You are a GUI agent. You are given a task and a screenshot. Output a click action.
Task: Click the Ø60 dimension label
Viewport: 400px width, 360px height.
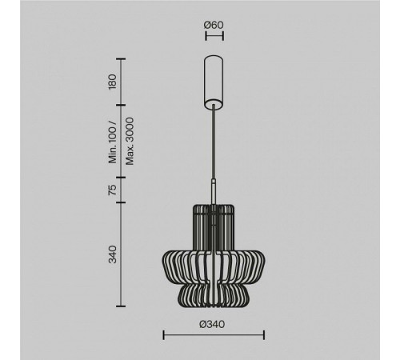[x=214, y=25]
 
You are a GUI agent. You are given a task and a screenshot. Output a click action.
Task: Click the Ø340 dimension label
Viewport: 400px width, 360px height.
[x=212, y=324]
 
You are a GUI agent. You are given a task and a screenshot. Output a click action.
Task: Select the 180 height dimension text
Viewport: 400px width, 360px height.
[x=113, y=82]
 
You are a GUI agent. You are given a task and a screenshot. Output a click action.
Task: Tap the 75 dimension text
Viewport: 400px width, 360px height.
[x=113, y=190]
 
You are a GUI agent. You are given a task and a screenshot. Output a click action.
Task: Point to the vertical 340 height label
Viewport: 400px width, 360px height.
[x=113, y=254]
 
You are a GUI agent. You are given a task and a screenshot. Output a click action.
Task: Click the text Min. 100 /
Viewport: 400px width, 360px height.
[x=113, y=143]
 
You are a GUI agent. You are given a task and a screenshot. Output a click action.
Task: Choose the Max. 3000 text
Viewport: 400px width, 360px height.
[x=130, y=141]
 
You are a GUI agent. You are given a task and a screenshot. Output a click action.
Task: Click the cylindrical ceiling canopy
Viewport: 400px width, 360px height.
[x=214, y=82]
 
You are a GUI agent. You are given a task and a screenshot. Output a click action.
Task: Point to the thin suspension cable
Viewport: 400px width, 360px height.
[x=214, y=142]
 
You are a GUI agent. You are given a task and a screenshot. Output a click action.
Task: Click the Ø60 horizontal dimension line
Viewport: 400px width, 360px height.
[x=214, y=36]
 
